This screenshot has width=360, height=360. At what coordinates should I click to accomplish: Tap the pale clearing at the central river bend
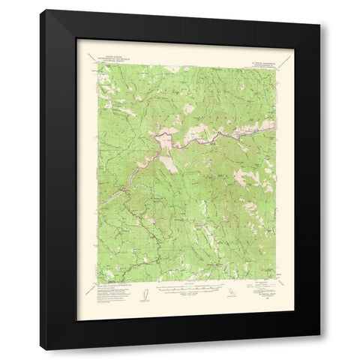click(x=161, y=139)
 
